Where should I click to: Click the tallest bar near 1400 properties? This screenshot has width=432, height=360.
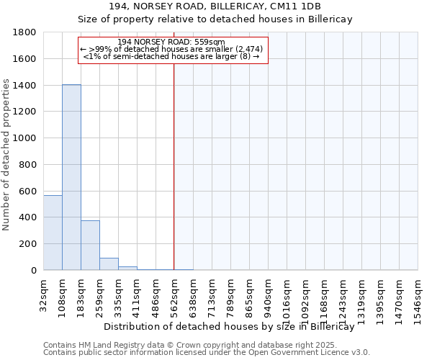pos(71,177)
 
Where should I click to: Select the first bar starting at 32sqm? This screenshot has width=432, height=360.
pos(53,233)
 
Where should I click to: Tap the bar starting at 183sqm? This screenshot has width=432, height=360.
pos(90,245)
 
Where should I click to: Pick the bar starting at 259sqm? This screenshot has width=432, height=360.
pos(109,264)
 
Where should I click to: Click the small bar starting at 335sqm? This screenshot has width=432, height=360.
pos(127,268)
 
